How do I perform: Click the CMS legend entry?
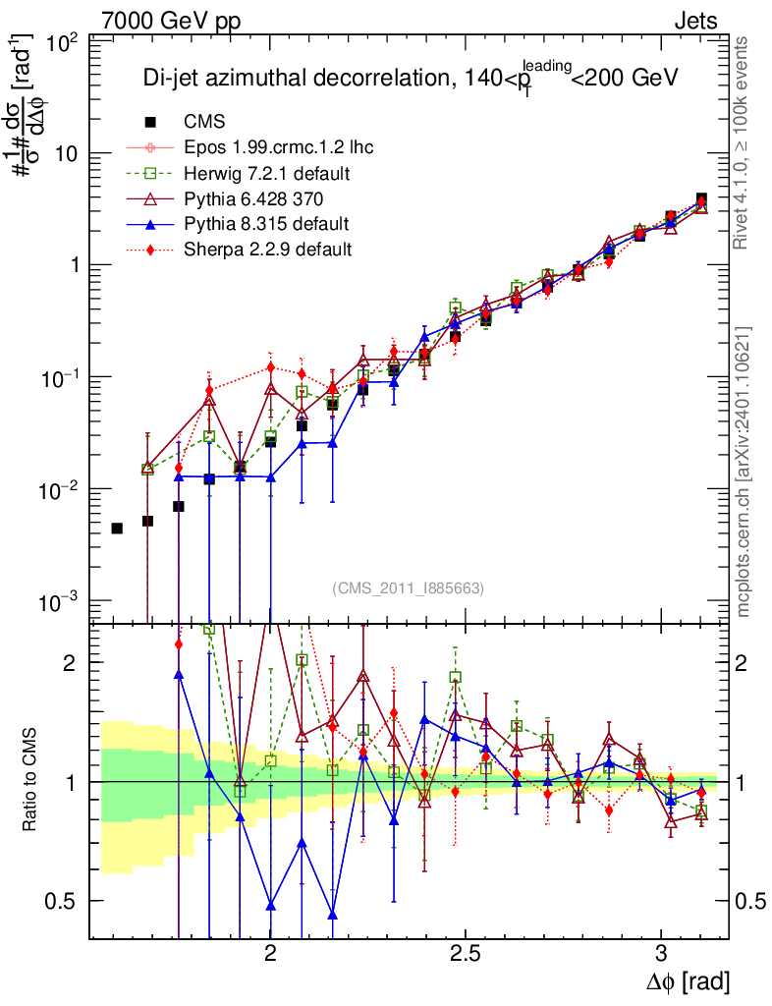pos(204,122)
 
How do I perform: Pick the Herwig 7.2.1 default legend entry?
pos(267,173)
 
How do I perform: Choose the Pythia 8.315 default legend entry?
pos(266,224)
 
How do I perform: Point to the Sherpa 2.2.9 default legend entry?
pos(267,250)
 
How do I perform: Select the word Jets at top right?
pos(695,21)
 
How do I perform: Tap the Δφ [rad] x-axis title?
pos(689,980)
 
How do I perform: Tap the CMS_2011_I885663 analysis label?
pos(409,587)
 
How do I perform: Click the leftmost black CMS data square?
pos(117,529)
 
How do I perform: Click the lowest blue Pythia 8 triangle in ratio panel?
pos(333,915)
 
